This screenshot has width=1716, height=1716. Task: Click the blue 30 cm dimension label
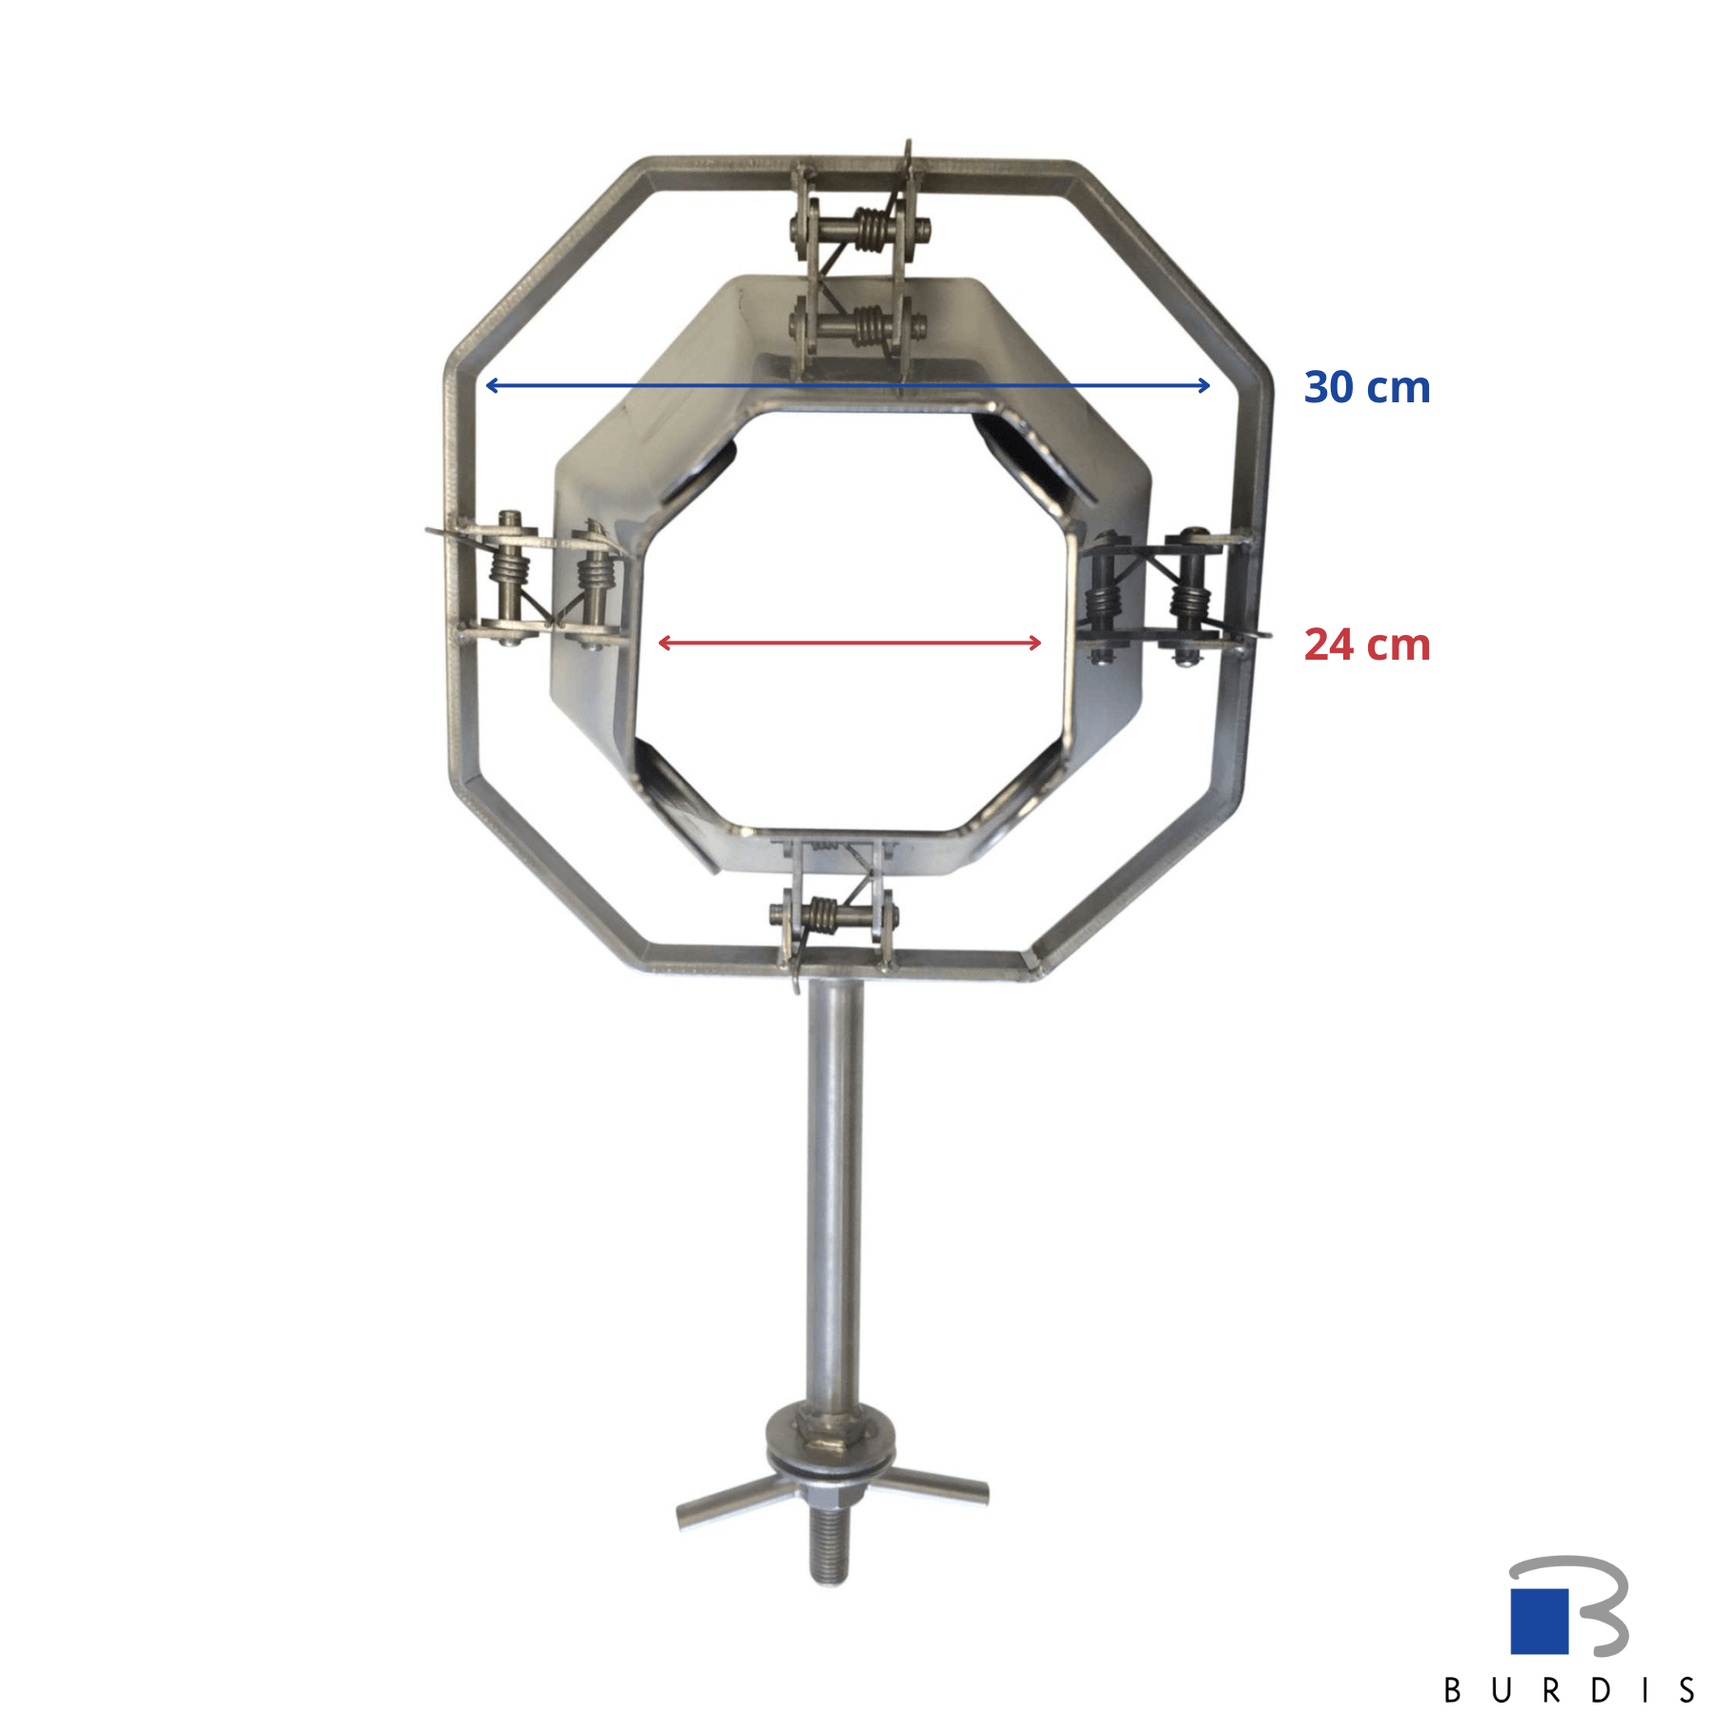pyautogui.click(x=1366, y=387)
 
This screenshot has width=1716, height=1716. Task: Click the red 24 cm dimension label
pyautogui.click(x=1366, y=644)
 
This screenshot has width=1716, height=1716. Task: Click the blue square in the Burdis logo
pyautogui.click(x=1539, y=1621)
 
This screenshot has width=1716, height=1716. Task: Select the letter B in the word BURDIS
pyautogui.click(x=1453, y=1690)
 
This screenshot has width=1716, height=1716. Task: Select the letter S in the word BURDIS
pyautogui.click(x=1687, y=1690)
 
